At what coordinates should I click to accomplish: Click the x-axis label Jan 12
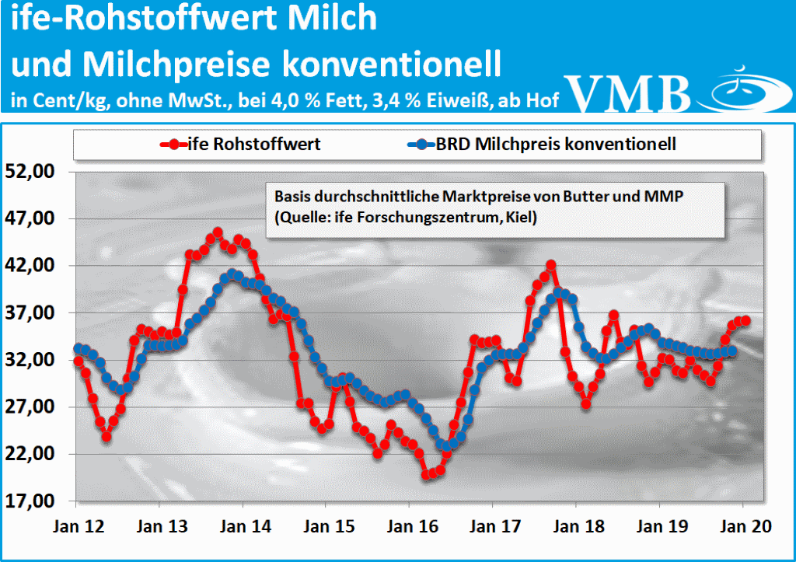click(78, 526)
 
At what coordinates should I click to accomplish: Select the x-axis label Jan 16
click(410, 526)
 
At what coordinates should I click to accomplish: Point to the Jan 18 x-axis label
click(576, 526)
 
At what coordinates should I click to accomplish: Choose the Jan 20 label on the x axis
click(742, 526)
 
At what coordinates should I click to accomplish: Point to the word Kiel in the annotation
click(524, 218)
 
